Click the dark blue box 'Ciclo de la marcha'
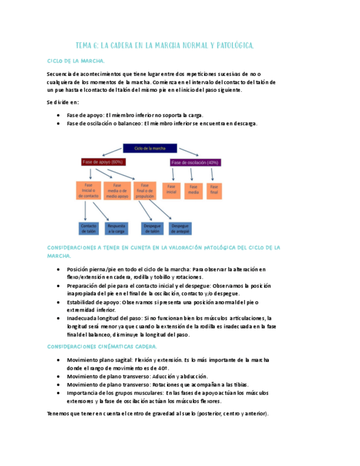tap(149, 148)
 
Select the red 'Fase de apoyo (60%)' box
tap(103, 162)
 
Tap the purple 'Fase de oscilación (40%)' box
tap(195, 162)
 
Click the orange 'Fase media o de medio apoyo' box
tap(117, 191)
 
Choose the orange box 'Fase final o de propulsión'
tap(145, 191)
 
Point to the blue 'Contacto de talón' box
tap(88, 228)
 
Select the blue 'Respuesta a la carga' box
tap(116, 228)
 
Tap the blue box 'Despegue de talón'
tap(151, 228)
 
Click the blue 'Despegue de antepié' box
tap(180, 228)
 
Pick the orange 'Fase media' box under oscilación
tap(193, 190)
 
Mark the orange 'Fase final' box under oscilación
tap(214, 190)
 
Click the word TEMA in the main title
tap(86, 46)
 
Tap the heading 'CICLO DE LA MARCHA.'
tap(76, 61)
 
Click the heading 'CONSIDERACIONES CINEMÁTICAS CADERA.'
tap(102, 347)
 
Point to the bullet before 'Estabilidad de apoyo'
tap(59, 302)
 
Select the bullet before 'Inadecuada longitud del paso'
tap(59, 318)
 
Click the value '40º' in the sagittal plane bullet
tap(163, 368)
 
